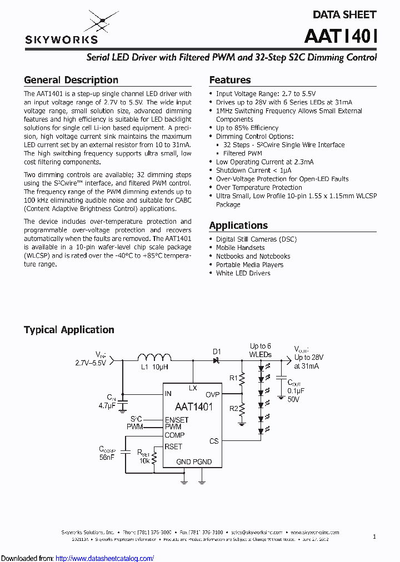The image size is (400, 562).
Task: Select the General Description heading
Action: coord(71,80)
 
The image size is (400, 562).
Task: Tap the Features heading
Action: coord(230,80)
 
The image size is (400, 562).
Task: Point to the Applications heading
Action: coord(238,225)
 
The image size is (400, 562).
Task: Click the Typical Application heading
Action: coord(69,330)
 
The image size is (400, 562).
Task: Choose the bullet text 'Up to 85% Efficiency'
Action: coord(247,128)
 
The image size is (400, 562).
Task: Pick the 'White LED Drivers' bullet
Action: coord(243,273)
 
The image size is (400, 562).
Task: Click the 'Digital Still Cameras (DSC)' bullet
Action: coord(256,239)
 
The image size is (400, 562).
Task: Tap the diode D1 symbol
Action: coord(216,360)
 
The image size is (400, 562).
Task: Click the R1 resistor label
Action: coord(234,378)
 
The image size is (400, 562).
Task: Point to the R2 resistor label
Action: coord(234,409)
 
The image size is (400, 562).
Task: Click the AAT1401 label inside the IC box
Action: coord(194,407)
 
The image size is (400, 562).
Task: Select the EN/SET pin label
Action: coord(177,420)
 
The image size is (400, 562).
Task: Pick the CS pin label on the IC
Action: coord(214,441)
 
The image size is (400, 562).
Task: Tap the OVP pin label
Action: coord(213,394)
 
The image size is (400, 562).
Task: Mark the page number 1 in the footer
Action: coord(374,536)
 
